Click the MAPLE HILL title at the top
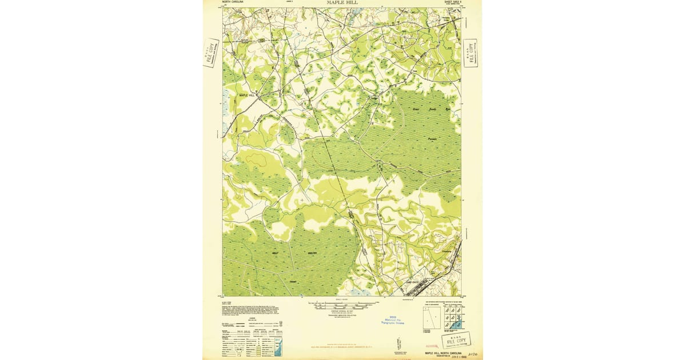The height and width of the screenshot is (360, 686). [x=344, y=3]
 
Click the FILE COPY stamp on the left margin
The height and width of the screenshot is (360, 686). [x=211, y=53]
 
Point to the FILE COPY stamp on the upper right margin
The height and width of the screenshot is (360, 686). [x=470, y=53]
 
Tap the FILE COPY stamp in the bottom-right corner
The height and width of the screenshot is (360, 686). [x=456, y=341]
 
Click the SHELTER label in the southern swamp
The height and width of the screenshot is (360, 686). [x=312, y=253]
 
